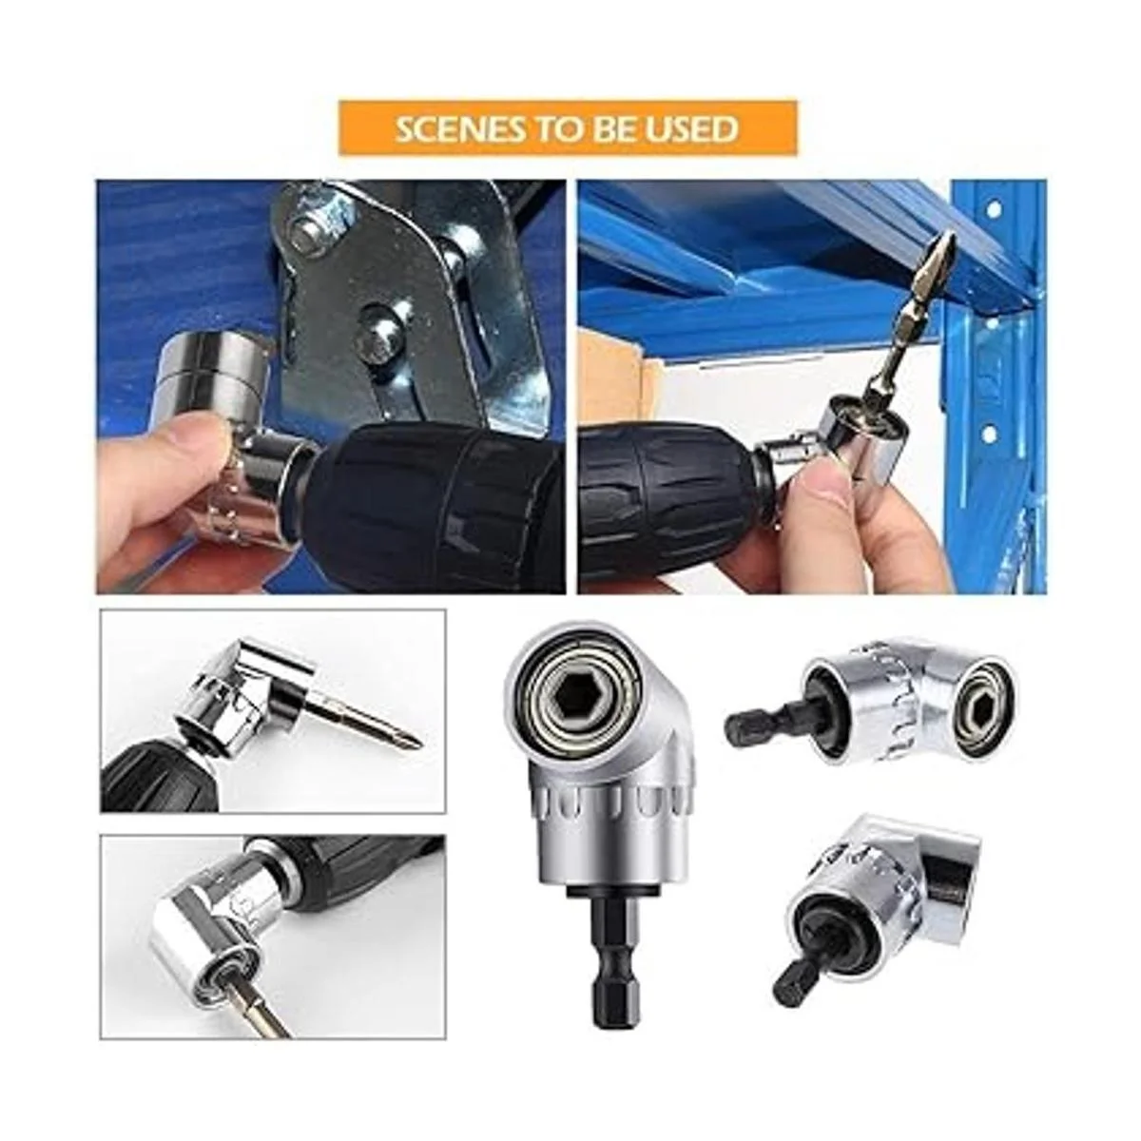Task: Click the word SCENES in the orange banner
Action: [454, 128]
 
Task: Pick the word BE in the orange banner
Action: [611, 128]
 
